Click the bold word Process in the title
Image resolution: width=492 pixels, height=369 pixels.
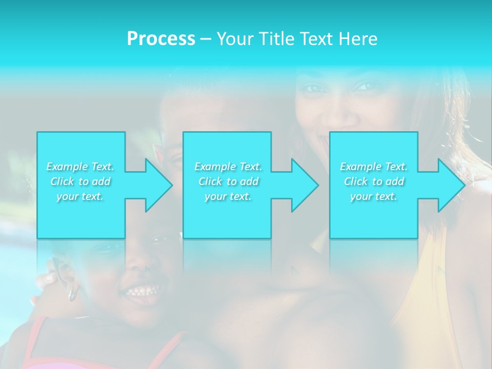coord(161,39)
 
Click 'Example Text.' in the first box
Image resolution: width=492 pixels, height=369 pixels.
coord(80,167)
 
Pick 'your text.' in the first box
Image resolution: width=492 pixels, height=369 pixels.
coord(80,196)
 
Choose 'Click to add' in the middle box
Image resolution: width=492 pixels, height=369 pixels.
coord(228,181)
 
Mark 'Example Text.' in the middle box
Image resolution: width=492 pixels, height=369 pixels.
coord(228,167)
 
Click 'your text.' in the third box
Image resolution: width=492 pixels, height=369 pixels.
coord(374,196)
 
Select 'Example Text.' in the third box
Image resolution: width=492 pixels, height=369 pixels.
coord(374,167)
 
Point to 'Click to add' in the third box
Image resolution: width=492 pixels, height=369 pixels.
coord(374,181)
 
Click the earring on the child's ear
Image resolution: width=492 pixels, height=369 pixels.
coord(73,294)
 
